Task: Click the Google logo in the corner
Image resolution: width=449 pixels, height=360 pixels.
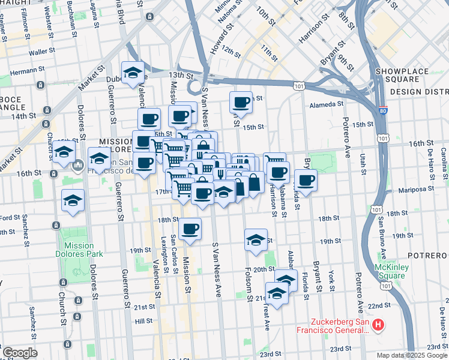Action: [20, 353]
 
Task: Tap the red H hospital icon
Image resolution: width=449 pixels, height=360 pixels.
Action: [378, 326]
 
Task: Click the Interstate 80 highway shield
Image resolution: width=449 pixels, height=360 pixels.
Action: [383, 110]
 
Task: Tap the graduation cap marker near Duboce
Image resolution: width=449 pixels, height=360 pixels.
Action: [133, 73]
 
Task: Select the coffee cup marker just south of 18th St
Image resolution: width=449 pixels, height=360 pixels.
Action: [190, 229]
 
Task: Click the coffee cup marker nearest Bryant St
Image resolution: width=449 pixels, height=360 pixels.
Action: [306, 180]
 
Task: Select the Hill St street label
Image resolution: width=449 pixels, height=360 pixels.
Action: [143, 321]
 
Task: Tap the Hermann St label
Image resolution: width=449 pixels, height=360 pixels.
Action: [23, 71]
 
